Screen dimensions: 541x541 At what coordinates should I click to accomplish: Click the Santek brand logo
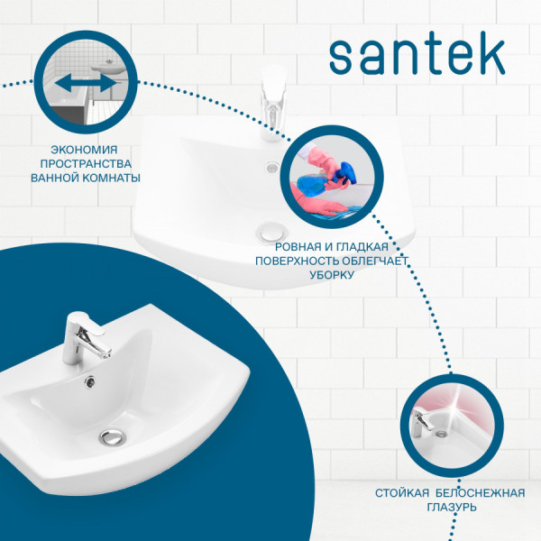click(x=417, y=57)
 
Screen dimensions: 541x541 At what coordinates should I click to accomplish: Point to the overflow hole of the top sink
click(x=272, y=167)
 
